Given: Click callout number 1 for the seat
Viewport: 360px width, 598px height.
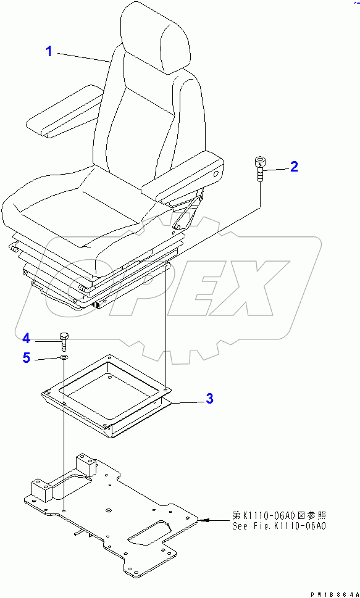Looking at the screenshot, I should [x=49, y=51].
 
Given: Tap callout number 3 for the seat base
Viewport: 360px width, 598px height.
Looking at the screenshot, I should [x=209, y=399].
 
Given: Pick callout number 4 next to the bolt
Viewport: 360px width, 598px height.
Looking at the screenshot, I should [x=26, y=338].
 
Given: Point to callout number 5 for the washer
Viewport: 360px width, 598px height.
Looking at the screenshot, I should [x=26, y=357].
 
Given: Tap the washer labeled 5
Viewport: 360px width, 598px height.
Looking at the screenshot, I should [x=64, y=357].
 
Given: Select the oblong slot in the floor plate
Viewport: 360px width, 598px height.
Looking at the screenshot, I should [x=151, y=531].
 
